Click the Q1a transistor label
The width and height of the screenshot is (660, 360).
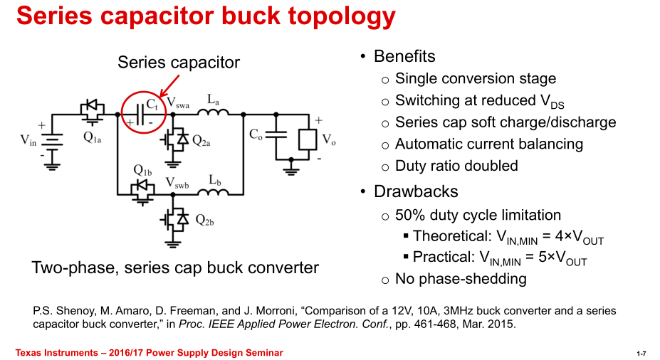[x=92, y=139]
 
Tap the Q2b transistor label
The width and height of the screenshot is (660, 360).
[x=204, y=221]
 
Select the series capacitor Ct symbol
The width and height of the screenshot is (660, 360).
[x=141, y=114]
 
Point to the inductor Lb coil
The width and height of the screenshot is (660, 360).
[x=213, y=192]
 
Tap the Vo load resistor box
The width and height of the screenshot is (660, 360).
[x=307, y=139]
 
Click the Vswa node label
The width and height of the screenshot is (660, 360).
[x=177, y=104]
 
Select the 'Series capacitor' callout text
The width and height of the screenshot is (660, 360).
[x=179, y=63]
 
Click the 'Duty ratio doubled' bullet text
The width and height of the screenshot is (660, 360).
[x=456, y=166]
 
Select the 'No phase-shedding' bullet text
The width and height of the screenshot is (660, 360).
[x=461, y=278]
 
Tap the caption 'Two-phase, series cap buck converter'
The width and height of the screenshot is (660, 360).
[x=175, y=268]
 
